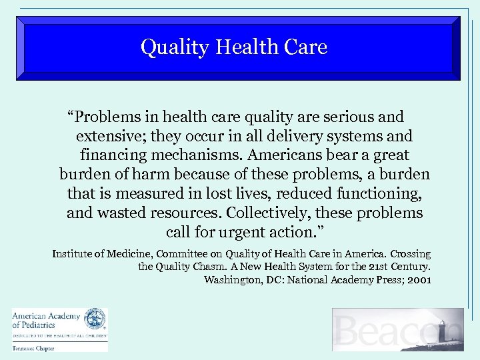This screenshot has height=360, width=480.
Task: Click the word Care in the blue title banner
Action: tap(306, 47)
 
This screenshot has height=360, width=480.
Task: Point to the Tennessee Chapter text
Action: tap(33, 347)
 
